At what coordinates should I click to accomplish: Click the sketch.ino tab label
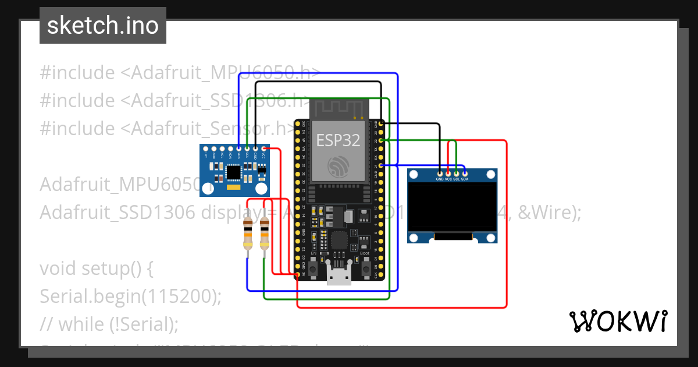pos(102,26)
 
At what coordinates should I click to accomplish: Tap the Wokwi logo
pos(618,321)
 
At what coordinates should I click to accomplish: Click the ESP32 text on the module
pos(338,140)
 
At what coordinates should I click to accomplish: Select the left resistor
pos(248,236)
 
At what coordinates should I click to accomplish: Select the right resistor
pos(265,236)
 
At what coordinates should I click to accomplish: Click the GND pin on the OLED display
pos(440,174)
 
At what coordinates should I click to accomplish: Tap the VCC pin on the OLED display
pos(448,174)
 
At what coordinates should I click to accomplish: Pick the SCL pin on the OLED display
pos(457,174)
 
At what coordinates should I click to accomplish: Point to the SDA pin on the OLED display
pos(465,174)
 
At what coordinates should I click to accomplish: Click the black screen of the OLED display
pos(452,206)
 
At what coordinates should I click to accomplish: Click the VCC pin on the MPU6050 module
pos(264,149)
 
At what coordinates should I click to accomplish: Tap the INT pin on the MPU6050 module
pos(206,149)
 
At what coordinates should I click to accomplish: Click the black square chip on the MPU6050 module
pos(234,172)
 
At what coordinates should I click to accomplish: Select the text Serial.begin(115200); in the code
pos(131,297)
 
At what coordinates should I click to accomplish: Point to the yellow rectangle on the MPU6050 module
pos(234,188)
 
